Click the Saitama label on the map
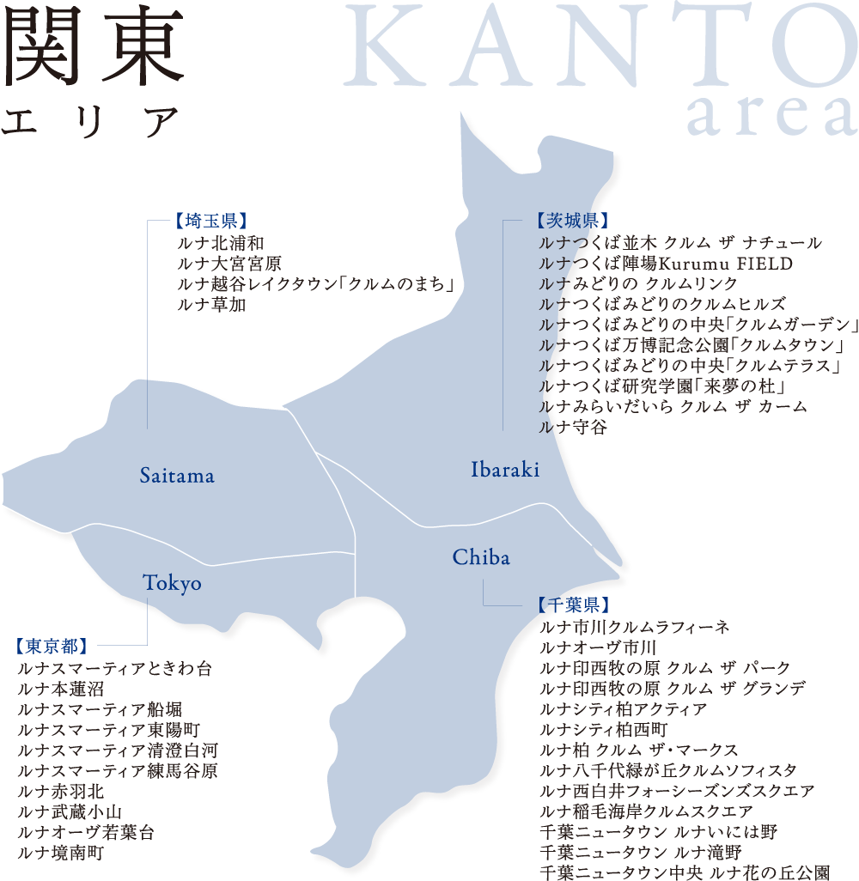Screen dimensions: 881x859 177,476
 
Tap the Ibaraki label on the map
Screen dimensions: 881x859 505,470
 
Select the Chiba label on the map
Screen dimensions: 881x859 481,558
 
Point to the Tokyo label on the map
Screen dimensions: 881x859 172,584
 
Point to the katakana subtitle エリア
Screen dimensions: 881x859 89,123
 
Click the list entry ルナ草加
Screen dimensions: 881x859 211,305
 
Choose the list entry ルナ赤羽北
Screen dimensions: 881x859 61,792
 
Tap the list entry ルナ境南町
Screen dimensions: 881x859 61,854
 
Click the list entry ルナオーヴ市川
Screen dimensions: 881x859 598,647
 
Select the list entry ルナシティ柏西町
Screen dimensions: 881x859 604,730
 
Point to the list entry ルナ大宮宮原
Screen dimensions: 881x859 229,264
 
